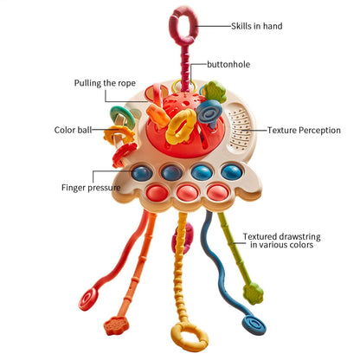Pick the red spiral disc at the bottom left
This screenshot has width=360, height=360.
pos(87,300)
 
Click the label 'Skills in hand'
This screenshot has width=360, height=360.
pos(256,26)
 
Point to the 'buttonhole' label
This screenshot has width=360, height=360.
pos(229,64)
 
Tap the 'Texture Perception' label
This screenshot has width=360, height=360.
pos(305,131)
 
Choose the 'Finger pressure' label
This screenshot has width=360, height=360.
pos(90,186)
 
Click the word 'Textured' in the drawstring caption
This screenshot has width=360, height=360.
pos(260,235)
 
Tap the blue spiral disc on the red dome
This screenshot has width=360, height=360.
pos(210,113)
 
